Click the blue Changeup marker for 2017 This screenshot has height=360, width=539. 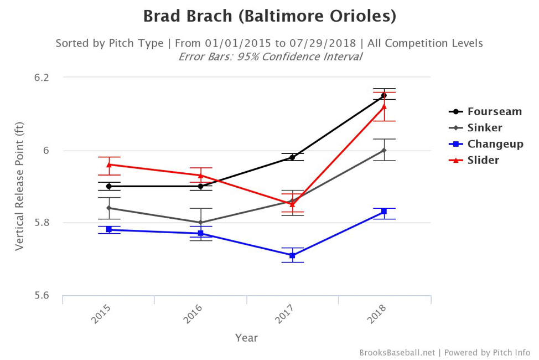click(x=292, y=255)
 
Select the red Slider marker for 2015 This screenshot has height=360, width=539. click(x=108, y=164)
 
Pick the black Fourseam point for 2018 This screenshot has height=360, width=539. click(x=384, y=95)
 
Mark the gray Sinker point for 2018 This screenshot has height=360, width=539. click(x=384, y=150)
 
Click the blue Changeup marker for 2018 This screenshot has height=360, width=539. click(x=384, y=212)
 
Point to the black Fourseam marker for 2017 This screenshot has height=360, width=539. click(x=292, y=157)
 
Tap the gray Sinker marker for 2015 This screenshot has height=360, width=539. click(x=108, y=208)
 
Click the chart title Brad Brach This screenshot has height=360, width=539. click(x=269, y=16)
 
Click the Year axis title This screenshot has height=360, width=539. click(x=246, y=337)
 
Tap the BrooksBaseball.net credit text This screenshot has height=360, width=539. click(x=397, y=352)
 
